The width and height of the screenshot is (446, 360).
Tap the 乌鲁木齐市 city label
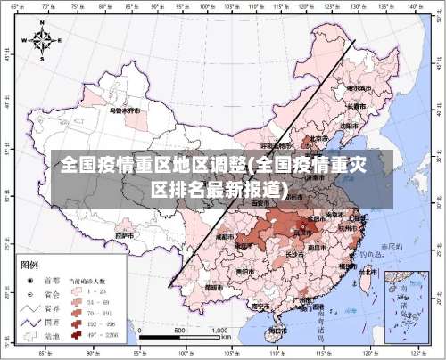tap(125, 112)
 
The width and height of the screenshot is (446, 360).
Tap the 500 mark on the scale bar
tap(178, 331)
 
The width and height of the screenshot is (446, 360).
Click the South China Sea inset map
tap(408, 304)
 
